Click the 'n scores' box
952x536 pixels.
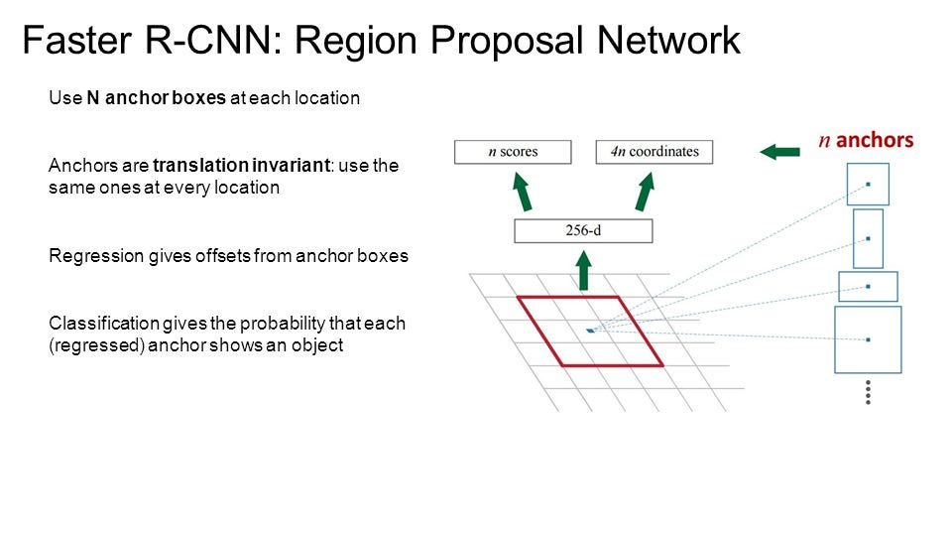(x=513, y=152)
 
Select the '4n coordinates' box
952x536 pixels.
(x=654, y=152)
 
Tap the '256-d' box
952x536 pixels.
(x=583, y=231)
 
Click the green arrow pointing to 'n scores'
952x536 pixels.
(x=524, y=191)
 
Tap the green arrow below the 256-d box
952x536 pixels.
(x=584, y=269)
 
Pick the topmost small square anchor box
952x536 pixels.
(x=868, y=185)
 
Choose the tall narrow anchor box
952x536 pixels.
(x=868, y=238)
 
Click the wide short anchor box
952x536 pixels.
(x=868, y=286)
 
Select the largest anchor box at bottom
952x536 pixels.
(x=868, y=339)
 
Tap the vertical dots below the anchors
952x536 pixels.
(x=868, y=392)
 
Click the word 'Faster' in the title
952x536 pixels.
(x=72, y=42)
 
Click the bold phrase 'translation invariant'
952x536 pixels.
(x=241, y=166)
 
